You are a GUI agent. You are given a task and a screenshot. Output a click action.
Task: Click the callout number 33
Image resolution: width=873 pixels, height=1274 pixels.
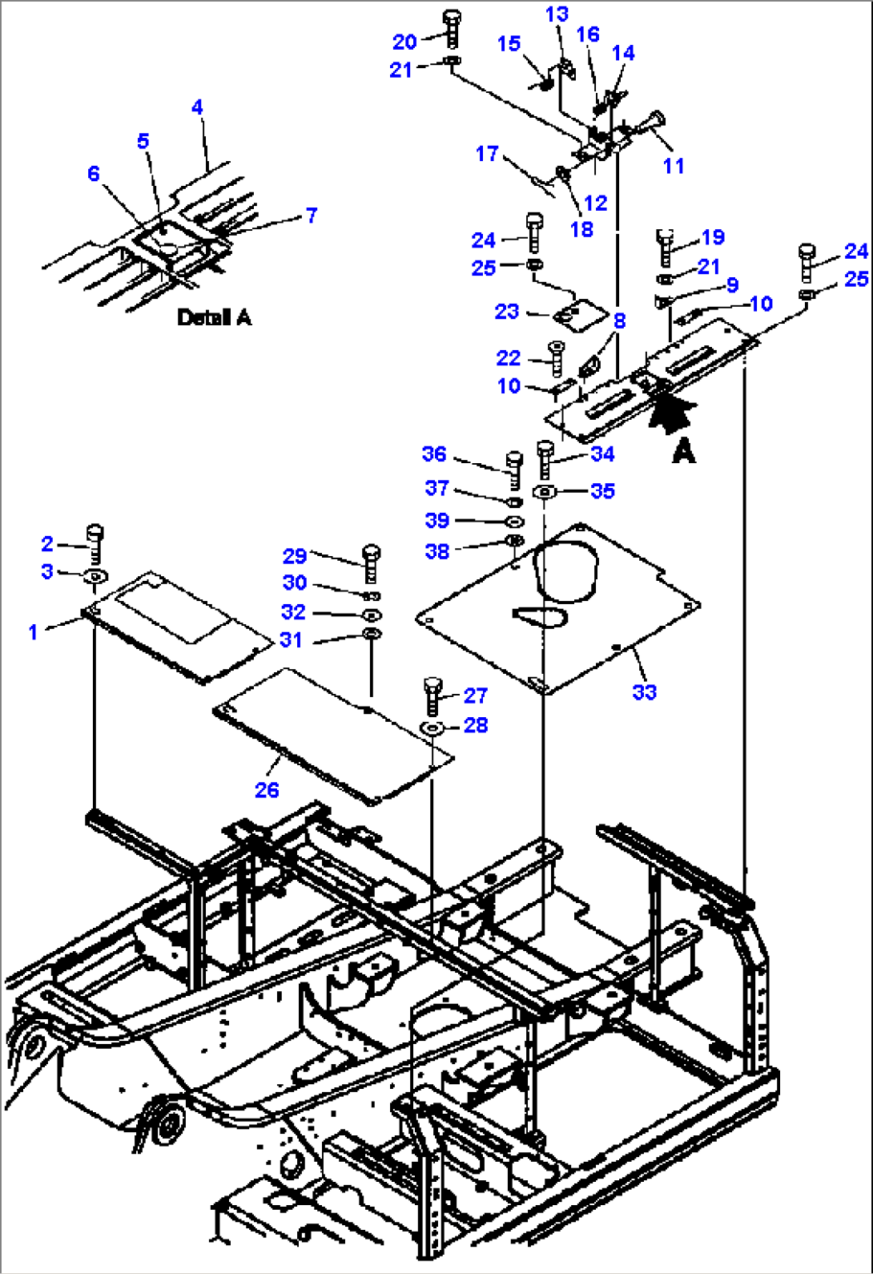point(644,692)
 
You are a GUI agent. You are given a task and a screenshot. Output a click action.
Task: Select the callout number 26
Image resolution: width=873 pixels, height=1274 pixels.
point(267,790)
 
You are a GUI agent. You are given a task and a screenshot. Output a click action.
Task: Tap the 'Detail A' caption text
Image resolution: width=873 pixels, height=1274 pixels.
point(214,318)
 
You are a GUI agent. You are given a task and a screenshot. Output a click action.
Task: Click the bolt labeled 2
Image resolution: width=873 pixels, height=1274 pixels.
point(95,543)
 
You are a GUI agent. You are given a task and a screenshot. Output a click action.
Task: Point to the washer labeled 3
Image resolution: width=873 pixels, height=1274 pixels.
point(95,576)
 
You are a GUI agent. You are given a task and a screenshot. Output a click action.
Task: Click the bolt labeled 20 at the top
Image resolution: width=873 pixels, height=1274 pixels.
point(451,29)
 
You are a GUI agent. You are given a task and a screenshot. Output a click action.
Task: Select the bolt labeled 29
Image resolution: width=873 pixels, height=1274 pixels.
point(371,563)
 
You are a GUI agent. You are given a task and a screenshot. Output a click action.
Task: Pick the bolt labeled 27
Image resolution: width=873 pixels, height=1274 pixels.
point(432,695)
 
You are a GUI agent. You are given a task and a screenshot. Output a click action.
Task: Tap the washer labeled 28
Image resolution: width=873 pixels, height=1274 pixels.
point(432,728)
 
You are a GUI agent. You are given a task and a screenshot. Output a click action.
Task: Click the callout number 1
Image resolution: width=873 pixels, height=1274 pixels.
point(33,632)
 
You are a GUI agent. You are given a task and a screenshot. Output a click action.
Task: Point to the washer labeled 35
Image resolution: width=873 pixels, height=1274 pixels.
point(545,491)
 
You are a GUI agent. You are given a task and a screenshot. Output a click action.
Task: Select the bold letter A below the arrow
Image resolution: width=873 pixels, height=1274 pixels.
point(683,452)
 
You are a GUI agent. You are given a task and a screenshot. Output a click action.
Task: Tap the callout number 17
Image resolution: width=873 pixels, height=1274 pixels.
point(487,154)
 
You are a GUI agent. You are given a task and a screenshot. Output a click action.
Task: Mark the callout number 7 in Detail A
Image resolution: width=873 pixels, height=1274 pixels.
point(312,215)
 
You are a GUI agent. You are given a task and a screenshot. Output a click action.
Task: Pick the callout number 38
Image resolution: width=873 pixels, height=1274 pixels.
point(437,551)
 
